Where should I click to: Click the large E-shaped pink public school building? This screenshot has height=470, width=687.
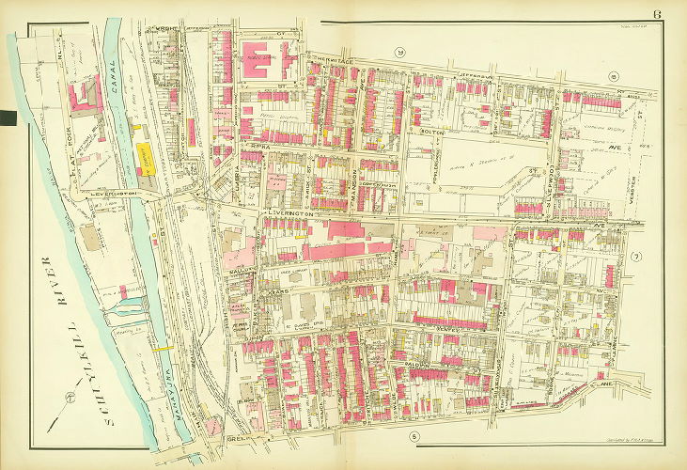coord(268,57)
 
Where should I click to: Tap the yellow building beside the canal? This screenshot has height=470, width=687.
coord(148,160)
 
